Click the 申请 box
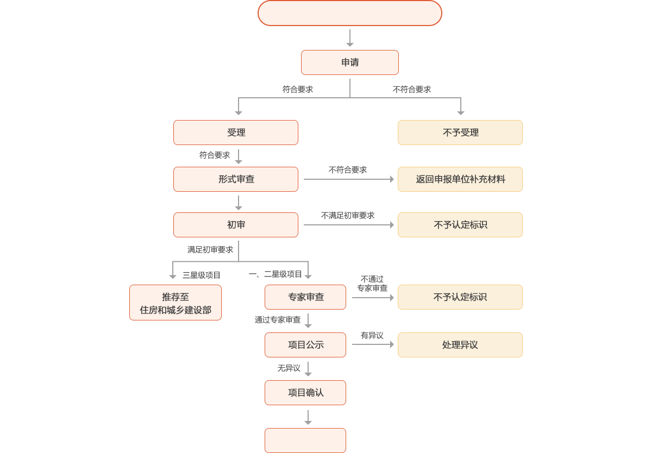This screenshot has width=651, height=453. point(350,62)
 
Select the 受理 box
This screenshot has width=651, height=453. point(236,133)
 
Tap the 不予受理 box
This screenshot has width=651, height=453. point(460,133)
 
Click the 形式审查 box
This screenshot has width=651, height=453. point(236,179)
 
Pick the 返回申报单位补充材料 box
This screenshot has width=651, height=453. point(460,179)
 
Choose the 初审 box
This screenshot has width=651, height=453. point(236,225)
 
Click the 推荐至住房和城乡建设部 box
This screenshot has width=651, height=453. point(176,303)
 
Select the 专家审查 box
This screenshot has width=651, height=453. point(305,297)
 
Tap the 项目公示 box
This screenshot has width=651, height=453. point(305,345)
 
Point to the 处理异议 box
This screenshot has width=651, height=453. point(460,345)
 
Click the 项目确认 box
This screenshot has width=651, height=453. point(305,393)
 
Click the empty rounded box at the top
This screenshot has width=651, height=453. point(350,13)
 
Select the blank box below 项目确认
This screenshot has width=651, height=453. point(305,440)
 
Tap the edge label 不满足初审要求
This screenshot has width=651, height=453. point(348,216)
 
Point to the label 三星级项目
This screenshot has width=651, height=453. point(202,275)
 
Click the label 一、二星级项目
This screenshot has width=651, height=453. point(275,274)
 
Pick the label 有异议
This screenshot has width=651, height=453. point(372,336)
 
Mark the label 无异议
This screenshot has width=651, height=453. point(289,368)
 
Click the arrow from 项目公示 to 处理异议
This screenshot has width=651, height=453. point(373,345)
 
